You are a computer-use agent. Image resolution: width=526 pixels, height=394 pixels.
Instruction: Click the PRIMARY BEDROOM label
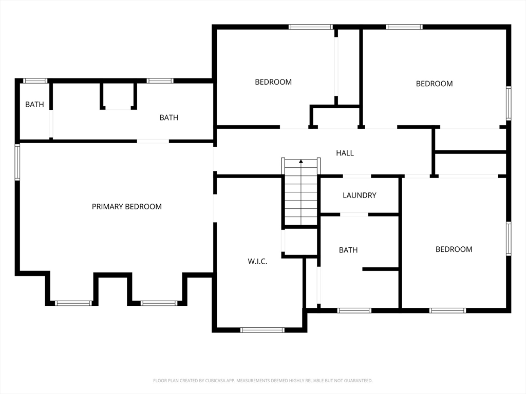[127, 207]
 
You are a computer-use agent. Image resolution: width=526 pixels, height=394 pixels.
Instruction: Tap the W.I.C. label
[257, 262]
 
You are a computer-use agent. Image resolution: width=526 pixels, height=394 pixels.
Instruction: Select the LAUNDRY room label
[359, 195]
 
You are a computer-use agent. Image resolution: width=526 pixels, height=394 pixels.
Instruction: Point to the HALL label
[345, 153]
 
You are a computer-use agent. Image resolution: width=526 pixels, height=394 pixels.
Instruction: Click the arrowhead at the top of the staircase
[301, 161]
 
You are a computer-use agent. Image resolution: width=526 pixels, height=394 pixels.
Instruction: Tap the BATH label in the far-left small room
[34, 105]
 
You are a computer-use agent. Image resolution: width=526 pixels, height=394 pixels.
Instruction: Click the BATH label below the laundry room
[348, 250]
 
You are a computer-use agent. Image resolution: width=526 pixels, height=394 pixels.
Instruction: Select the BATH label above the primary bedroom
[168, 117]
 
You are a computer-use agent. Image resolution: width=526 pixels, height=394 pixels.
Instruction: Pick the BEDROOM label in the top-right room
[434, 84]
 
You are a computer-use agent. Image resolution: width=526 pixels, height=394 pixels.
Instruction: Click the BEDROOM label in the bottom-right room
[454, 249]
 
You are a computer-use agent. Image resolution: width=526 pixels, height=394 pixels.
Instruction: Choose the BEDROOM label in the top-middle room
[273, 82]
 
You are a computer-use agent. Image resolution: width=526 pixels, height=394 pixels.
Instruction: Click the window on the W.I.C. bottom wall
[262, 330]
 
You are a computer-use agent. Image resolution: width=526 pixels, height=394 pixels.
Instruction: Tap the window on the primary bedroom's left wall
[17, 162]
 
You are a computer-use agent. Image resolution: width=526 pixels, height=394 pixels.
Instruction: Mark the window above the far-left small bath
[35, 81]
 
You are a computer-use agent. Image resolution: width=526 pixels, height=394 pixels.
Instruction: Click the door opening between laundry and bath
[354, 214]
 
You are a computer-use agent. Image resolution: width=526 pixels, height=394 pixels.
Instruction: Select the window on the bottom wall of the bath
[354, 310]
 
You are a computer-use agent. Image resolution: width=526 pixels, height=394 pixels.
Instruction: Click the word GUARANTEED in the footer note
[359, 381]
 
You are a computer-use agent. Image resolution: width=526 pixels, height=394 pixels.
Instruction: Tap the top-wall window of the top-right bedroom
[404, 27]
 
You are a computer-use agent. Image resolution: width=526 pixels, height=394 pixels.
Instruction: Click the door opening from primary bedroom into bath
[153, 142]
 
